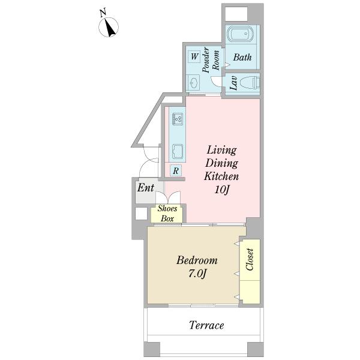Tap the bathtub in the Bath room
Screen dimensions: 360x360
[x=242, y=35]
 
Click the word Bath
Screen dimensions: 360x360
[x=242, y=58]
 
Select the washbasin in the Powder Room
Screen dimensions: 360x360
[x=195, y=82]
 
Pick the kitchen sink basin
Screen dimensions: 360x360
[x=178, y=150]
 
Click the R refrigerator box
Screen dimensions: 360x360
[x=176, y=170]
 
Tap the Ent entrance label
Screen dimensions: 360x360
[x=145, y=188]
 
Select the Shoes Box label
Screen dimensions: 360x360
[x=167, y=214]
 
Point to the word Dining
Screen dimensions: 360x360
[x=222, y=163]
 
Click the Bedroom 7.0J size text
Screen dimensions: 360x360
[x=197, y=275]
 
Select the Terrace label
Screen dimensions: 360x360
[x=206, y=325]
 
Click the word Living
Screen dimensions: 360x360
[x=222, y=149]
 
